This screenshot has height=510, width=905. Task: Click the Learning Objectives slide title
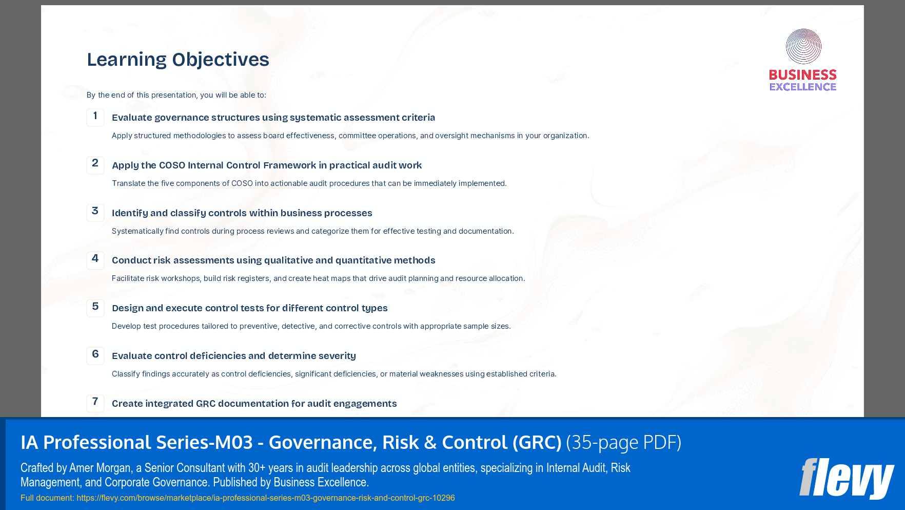click(178, 60)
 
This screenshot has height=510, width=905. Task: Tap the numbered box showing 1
click(95, 117)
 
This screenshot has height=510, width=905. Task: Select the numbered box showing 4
click(95, 260)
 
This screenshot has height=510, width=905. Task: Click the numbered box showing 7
click(95, 403)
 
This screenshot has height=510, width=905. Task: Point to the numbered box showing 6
click(95, 355)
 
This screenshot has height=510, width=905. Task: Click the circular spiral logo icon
click(803, 46)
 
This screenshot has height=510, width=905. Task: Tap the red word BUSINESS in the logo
click(803, 75)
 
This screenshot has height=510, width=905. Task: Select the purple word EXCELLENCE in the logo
click(803, 87)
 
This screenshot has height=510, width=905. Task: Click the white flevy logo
click(847, 478)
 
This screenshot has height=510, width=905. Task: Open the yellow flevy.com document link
click(265, 498)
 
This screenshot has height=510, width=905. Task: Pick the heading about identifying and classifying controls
click(242, 213)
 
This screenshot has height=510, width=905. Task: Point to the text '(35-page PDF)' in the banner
click(623, 442)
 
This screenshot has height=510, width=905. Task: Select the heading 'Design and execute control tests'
click(249, 308)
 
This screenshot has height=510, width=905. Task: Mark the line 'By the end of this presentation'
click(176, 95)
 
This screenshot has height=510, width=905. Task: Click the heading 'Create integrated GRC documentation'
click(254, 404)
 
